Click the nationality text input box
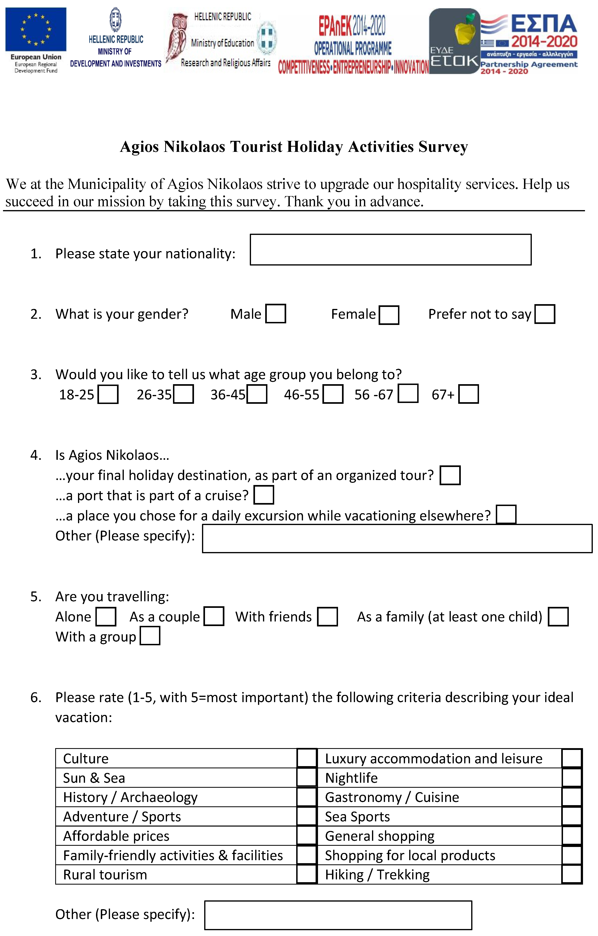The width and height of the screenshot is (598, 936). point(391,250)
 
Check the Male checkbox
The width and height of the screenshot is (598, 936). point(275,314)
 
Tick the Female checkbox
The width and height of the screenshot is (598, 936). point(389,315)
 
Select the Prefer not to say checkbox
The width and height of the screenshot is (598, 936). point(544,314)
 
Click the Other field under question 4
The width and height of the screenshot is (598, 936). point(397,538)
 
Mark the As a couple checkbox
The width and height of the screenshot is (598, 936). point(214,616)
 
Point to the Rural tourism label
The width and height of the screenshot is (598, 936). point(105,875)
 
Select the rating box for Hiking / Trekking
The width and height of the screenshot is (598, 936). point(572,875)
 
